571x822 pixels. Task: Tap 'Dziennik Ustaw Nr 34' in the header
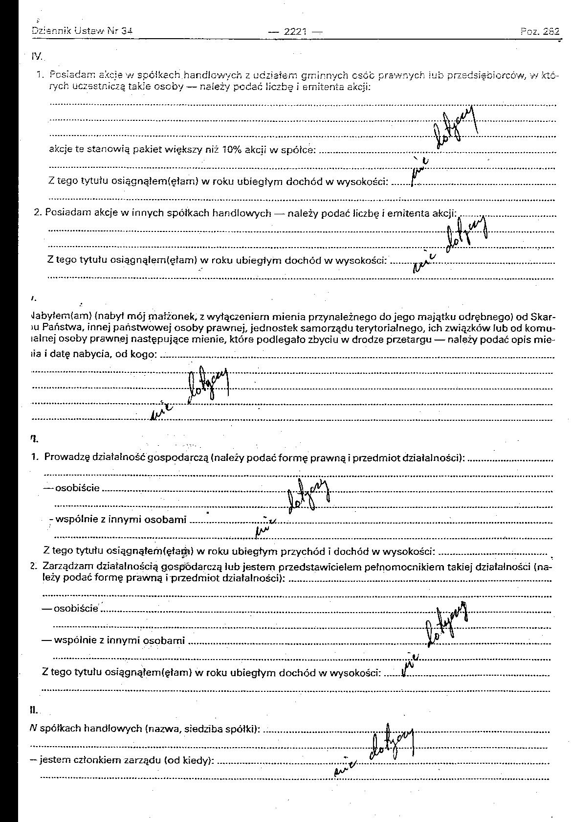(x=82, y=31)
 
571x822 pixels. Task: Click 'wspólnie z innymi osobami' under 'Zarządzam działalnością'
(x=119, y=640)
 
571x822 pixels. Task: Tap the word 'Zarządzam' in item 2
(x=68, y=567)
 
